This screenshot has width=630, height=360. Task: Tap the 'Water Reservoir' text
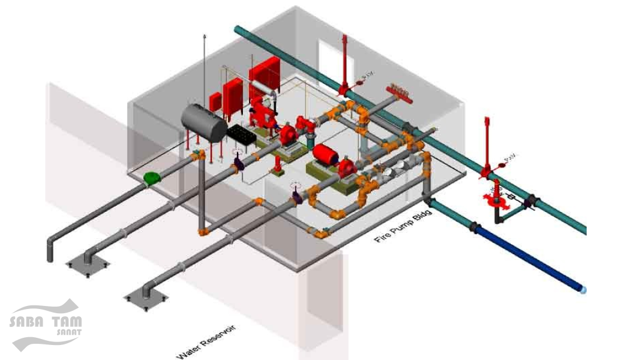206,343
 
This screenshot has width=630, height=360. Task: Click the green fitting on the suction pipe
152,178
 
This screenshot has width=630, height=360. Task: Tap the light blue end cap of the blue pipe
583,290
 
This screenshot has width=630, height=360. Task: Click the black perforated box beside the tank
242,136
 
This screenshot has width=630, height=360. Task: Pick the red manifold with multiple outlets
401,91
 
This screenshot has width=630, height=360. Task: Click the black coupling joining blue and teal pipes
473,229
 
